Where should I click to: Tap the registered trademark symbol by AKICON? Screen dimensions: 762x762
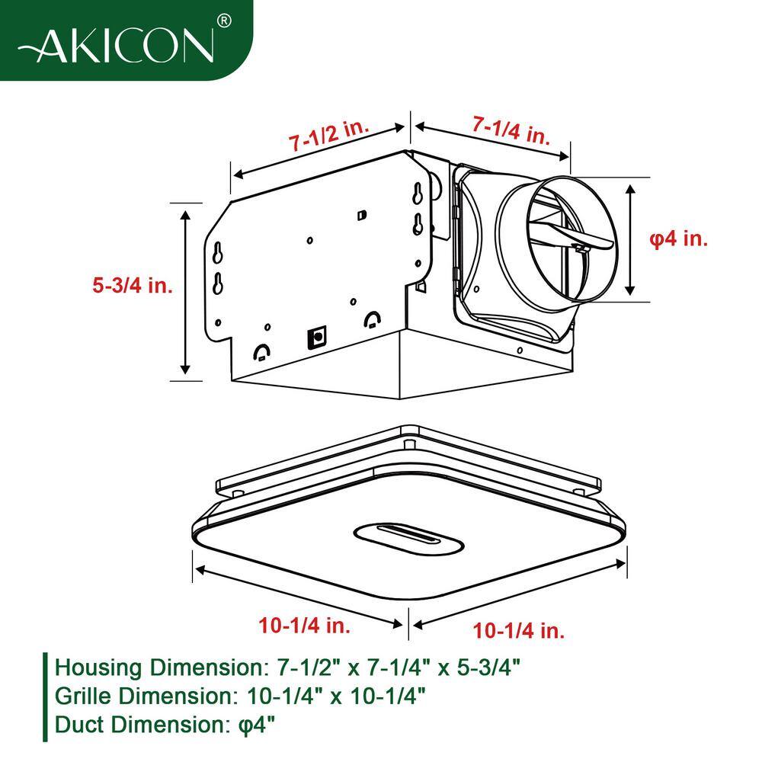pos(223,21)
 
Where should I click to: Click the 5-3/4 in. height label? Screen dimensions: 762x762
pos(133,285)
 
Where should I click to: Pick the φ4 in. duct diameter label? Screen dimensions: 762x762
pos(678,239)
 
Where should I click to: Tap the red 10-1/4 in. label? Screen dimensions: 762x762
pos(304,626)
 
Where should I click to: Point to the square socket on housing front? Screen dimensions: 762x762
pos(316,337)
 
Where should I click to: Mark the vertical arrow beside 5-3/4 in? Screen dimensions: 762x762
pos(185,293)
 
